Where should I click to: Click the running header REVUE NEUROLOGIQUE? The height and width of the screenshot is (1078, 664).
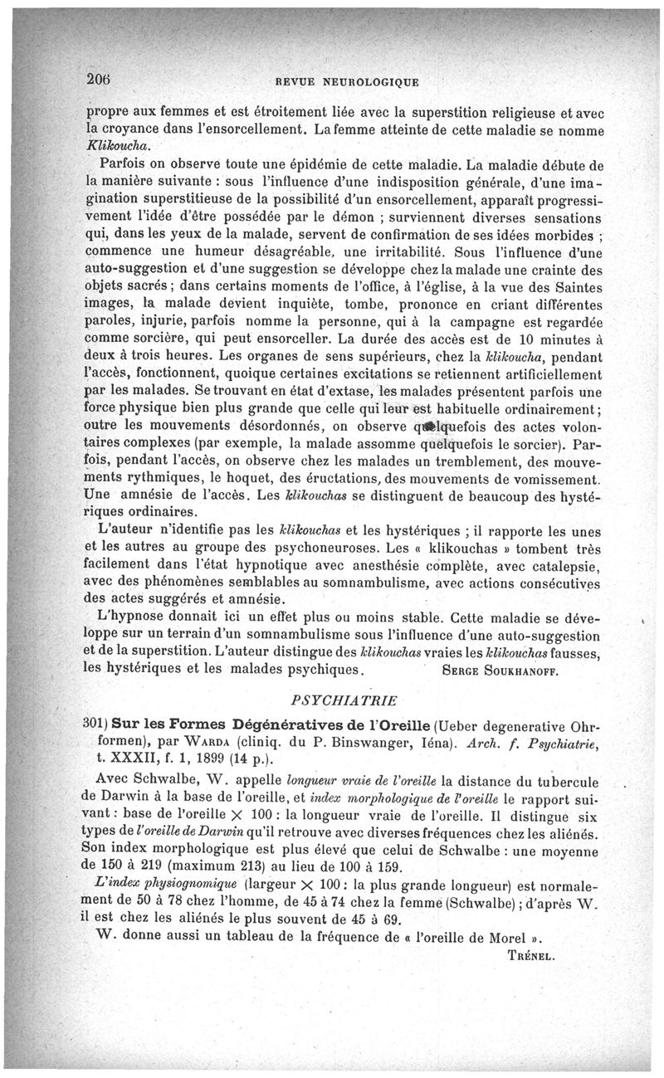tap(348, 81)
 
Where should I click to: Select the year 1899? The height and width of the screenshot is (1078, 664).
tap(213, 757)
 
